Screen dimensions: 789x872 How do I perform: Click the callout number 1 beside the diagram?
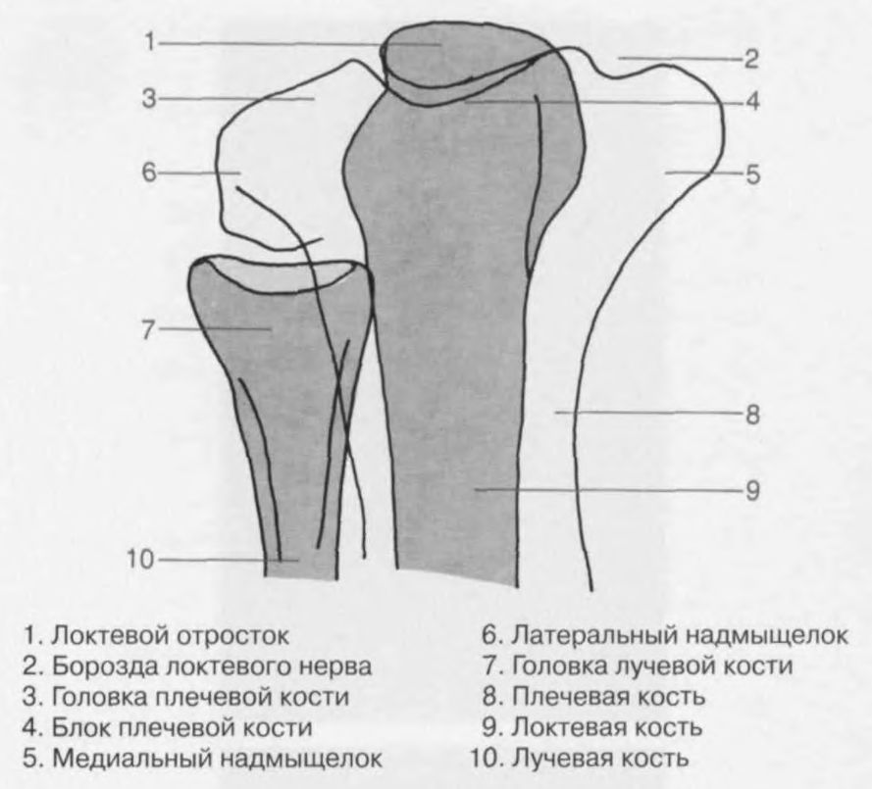click(x=148, y=42)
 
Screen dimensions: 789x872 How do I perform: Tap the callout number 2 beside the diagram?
click(x=750, y=60)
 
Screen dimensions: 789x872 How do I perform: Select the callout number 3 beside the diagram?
click(x=148, y=99)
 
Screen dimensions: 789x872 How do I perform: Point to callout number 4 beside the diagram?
click(x=750, y=100)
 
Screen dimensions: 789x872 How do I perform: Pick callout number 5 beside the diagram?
click(x=750, y=175)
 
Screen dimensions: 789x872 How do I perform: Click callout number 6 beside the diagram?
click(x=148, y=173)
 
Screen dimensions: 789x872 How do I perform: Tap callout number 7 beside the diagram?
click(x=148, y=329)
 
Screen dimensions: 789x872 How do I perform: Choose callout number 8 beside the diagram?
click(x=750, y=414)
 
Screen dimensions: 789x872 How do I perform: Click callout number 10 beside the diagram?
click(x=142, y=560)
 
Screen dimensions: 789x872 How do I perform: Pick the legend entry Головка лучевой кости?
click(x=637, y=667)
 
